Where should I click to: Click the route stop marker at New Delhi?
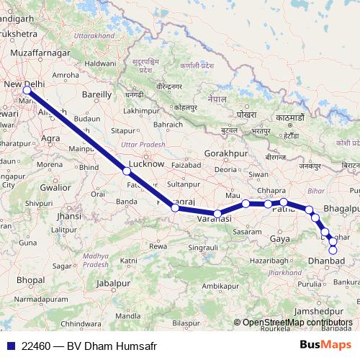coord(27,90)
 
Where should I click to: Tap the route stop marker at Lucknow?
coord(127,171)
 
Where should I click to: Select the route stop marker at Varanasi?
coord(217,213)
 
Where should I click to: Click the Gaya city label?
coord(279,238)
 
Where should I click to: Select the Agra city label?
coord(50,137)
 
